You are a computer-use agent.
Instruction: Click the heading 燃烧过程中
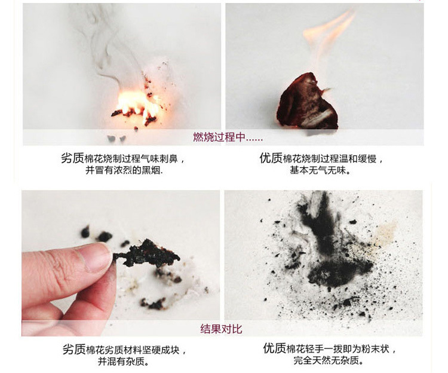219,137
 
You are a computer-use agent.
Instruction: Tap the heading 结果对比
221,329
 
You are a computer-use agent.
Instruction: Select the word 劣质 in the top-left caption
72,158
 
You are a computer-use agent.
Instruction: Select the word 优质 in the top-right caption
271,158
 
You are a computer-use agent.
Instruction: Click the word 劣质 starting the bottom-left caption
74,349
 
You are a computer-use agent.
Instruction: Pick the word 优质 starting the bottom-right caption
275,348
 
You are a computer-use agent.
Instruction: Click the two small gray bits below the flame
116,139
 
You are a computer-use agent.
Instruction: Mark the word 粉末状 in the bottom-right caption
375,348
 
